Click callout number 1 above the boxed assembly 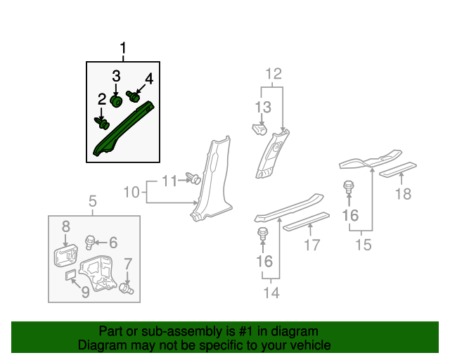pyautogui.click(x=124, y=49)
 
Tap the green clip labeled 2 pyautogui.click(x=103, y=124)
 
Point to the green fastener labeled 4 pyautogui.click(x=133, y=96)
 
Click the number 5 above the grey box pyautogui.click(x=93, y=204)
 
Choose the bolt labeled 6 pyautogui.click(x=89, y=243)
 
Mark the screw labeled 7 pyautogui.click(x=127, y=288)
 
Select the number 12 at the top pyautogui.click(x=273, y=74)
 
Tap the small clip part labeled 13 pyautogui.click(x=258, y=129)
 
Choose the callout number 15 pyautogui.click(x=362, y=244)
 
